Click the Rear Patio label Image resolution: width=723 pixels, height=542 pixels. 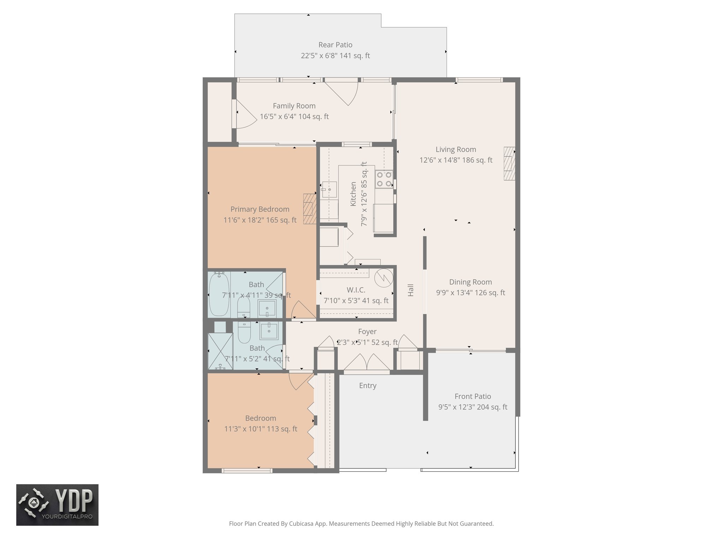click(335, 45)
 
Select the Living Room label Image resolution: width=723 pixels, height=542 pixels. click(455, 150)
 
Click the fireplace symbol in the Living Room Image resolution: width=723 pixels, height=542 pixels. click(509, 163)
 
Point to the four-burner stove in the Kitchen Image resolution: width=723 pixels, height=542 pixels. click(384, 179)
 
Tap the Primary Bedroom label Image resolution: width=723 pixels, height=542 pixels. click(260, 209)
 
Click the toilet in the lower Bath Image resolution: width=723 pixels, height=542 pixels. click(244, 333)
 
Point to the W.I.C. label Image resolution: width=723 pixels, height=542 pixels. click(356, 290)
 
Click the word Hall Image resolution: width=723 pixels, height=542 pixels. click(411, 290)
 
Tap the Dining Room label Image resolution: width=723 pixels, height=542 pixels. click(470, 282)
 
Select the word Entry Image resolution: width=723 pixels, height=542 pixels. click(368, 386)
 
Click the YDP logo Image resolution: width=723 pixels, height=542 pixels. click(57, 505)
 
